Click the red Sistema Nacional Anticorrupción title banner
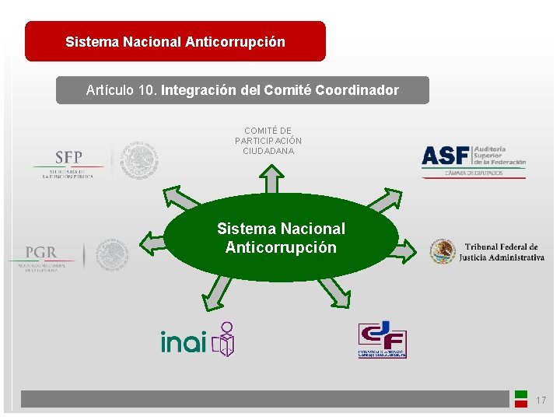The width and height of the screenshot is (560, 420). click(175, 41)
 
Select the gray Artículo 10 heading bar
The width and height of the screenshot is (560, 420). click(242, 90)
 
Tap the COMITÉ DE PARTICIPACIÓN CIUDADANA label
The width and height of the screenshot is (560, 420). click(268, 141)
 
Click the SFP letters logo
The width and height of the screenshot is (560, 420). click(68, 157)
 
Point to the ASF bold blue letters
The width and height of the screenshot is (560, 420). click(445, 156)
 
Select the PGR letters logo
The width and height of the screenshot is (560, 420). click(40, 253)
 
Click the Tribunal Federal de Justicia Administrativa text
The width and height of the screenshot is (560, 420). click(501, 252)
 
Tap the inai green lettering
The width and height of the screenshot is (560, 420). click(184, 341)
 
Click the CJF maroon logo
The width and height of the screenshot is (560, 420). click(382, 340)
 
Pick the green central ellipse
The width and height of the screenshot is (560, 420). click(281, 237)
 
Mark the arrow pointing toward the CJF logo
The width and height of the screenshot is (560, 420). click(334, 292)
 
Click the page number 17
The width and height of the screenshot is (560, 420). click(541, 401)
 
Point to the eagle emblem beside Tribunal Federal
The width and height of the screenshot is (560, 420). click(443, 251)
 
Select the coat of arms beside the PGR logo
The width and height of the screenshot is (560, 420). click(113, 255)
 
